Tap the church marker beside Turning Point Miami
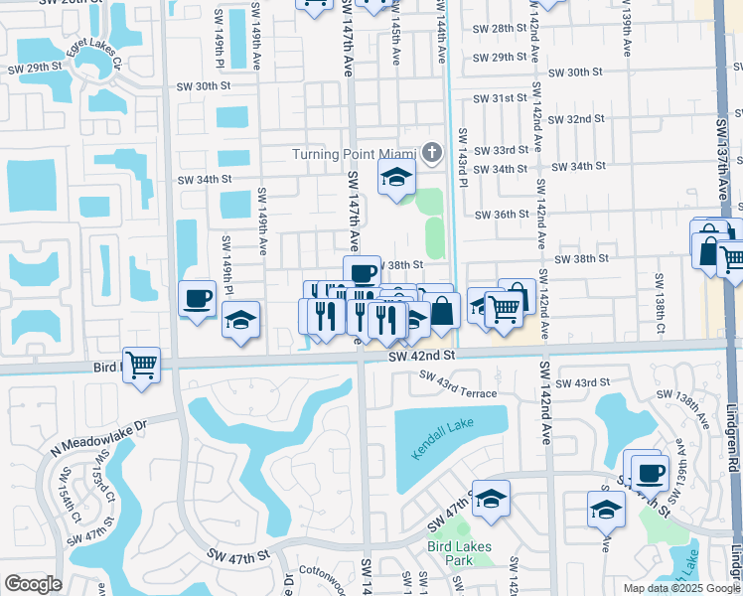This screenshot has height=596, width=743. [431, 153]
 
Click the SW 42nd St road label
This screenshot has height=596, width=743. [421, 355]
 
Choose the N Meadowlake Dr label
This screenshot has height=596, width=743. [106, 430]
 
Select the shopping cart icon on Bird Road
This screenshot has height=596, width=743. [142, 364]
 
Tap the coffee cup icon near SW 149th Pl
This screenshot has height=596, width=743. [197, 297]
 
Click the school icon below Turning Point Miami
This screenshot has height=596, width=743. [395, 179]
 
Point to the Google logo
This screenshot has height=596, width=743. [33, 584]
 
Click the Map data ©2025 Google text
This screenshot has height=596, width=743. [680, 588]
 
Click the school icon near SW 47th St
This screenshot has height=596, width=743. [491, 499]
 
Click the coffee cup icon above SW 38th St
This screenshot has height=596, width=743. [363, 272]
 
